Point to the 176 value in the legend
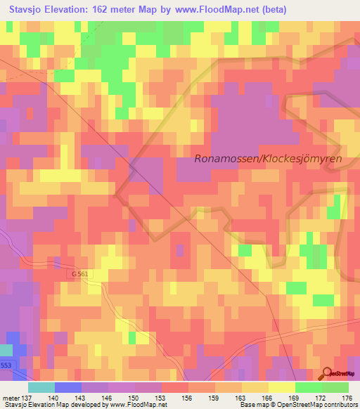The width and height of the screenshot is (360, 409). [346, 398]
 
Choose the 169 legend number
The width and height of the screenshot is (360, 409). [295, 398]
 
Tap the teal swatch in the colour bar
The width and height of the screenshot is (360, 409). [41, 387]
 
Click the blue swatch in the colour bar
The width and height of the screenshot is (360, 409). [68, 387]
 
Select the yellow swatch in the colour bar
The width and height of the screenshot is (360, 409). [281, 387]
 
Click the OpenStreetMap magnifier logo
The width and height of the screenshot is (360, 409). [326, 374]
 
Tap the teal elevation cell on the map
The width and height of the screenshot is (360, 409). [6, 350]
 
